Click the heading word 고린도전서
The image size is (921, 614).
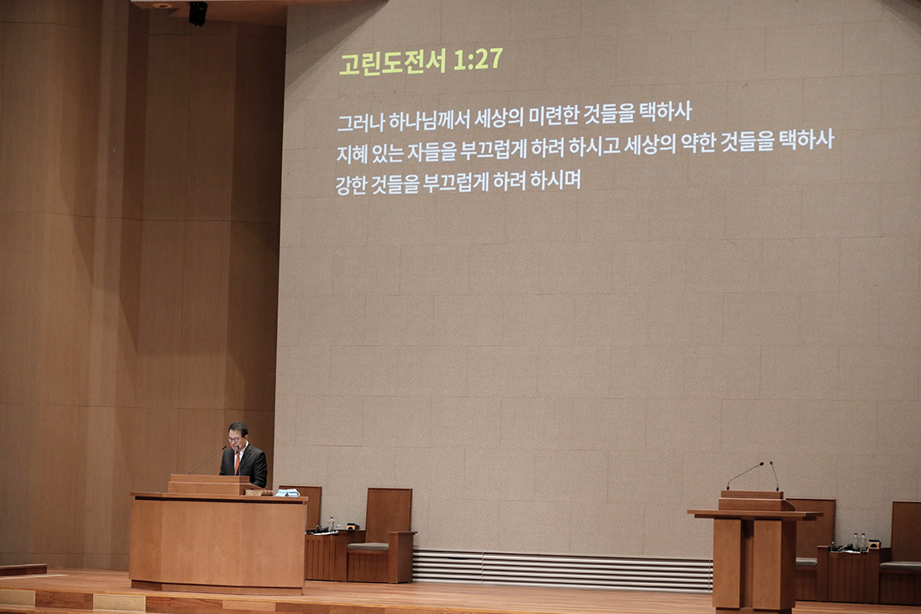click(x=392, y=62)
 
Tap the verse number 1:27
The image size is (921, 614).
click(x=478, y=59)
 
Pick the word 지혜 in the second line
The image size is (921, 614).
click(x=351, y=154)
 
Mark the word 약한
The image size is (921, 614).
click(x=698, y=143)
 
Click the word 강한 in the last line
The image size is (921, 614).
click(x=350, y=185)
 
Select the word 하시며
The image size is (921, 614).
click(x=555, y=179)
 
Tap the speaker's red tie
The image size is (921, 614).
click(x=238, y=462)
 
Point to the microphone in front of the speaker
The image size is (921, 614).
click(x=207, y=459)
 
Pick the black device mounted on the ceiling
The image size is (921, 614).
click(x=197, y=14)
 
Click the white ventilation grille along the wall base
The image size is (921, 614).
click(x=562, y=569)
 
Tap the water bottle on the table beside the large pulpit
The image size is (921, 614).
click(x=331, y=524)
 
